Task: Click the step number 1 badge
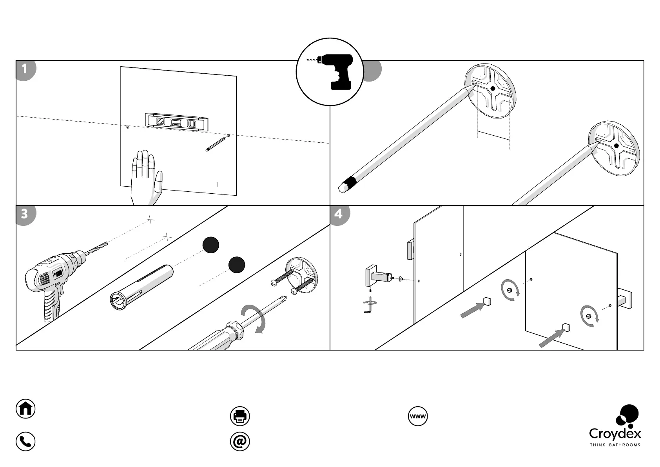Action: tap(25, 70)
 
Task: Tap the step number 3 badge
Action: tap(25, 214)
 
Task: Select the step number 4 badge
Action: tap(339, 214)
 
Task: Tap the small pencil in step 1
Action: tap(215, 144)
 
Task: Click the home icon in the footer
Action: tap(25, 409)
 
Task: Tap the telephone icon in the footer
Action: tap(25, 442)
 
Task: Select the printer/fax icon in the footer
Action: tap(240, 416)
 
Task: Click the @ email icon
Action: tap(240, 442)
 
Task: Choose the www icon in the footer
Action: tap(418, 416)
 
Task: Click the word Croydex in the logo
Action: tap(615, 434)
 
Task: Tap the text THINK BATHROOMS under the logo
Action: tap(615, 445)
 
